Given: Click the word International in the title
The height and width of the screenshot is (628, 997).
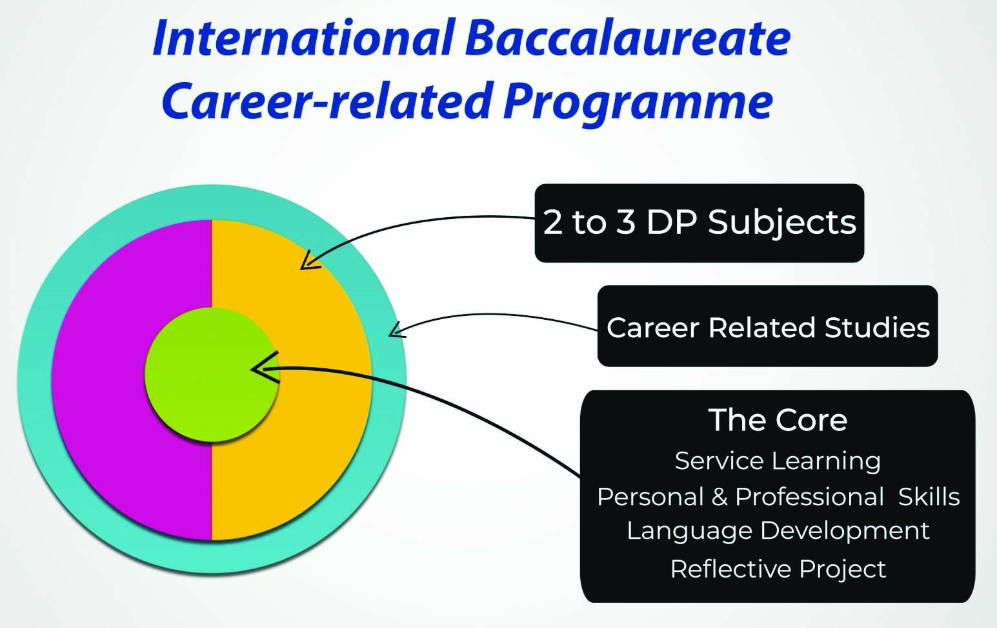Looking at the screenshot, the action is point(303,39).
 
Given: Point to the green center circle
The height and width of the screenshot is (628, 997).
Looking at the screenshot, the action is point(212,374).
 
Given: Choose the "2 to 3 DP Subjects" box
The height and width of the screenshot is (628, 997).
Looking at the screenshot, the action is point(700,223).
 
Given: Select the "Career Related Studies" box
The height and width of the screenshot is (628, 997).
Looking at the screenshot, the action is point(767,326).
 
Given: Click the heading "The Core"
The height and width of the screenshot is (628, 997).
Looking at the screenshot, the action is point(778,420).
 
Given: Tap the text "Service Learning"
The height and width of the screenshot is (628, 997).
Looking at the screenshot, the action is point(778,461).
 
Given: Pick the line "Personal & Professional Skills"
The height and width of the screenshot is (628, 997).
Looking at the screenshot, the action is point(778,496).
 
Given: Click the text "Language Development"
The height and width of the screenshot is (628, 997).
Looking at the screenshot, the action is point(778,531).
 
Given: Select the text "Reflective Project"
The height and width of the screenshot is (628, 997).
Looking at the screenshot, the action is point(778,569).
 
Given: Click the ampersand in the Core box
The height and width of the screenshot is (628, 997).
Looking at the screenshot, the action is point(719,496).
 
